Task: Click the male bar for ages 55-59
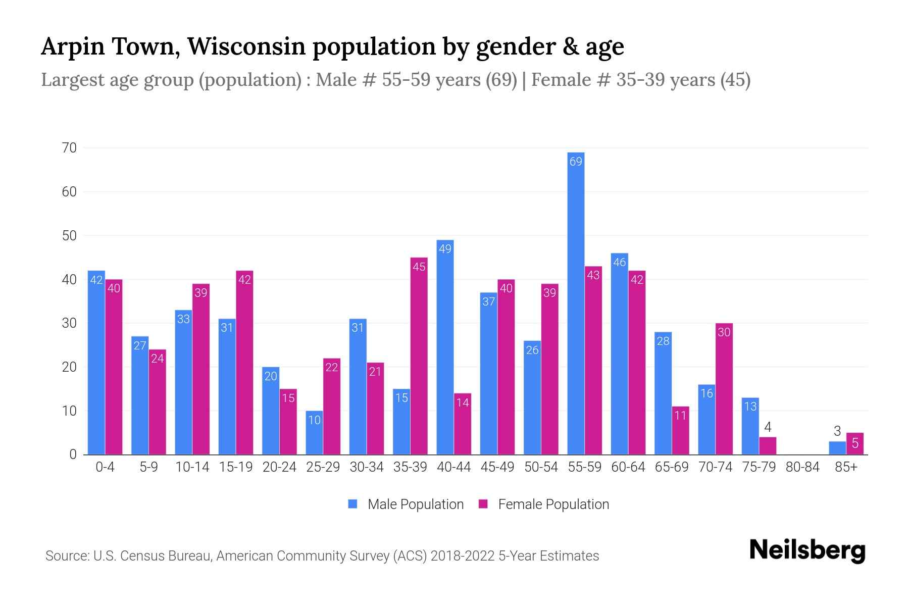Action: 576,303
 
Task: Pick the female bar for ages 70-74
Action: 724,389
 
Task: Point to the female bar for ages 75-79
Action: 768,446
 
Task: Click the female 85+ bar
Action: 854,444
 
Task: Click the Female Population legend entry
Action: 544,504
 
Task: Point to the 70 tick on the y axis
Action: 69,148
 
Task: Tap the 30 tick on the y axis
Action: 69,323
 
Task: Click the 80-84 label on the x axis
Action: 802,467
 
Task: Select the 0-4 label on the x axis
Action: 105,467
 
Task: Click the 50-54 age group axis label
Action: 541,467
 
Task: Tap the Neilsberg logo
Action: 807,550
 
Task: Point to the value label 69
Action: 576,162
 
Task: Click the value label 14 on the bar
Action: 462,402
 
